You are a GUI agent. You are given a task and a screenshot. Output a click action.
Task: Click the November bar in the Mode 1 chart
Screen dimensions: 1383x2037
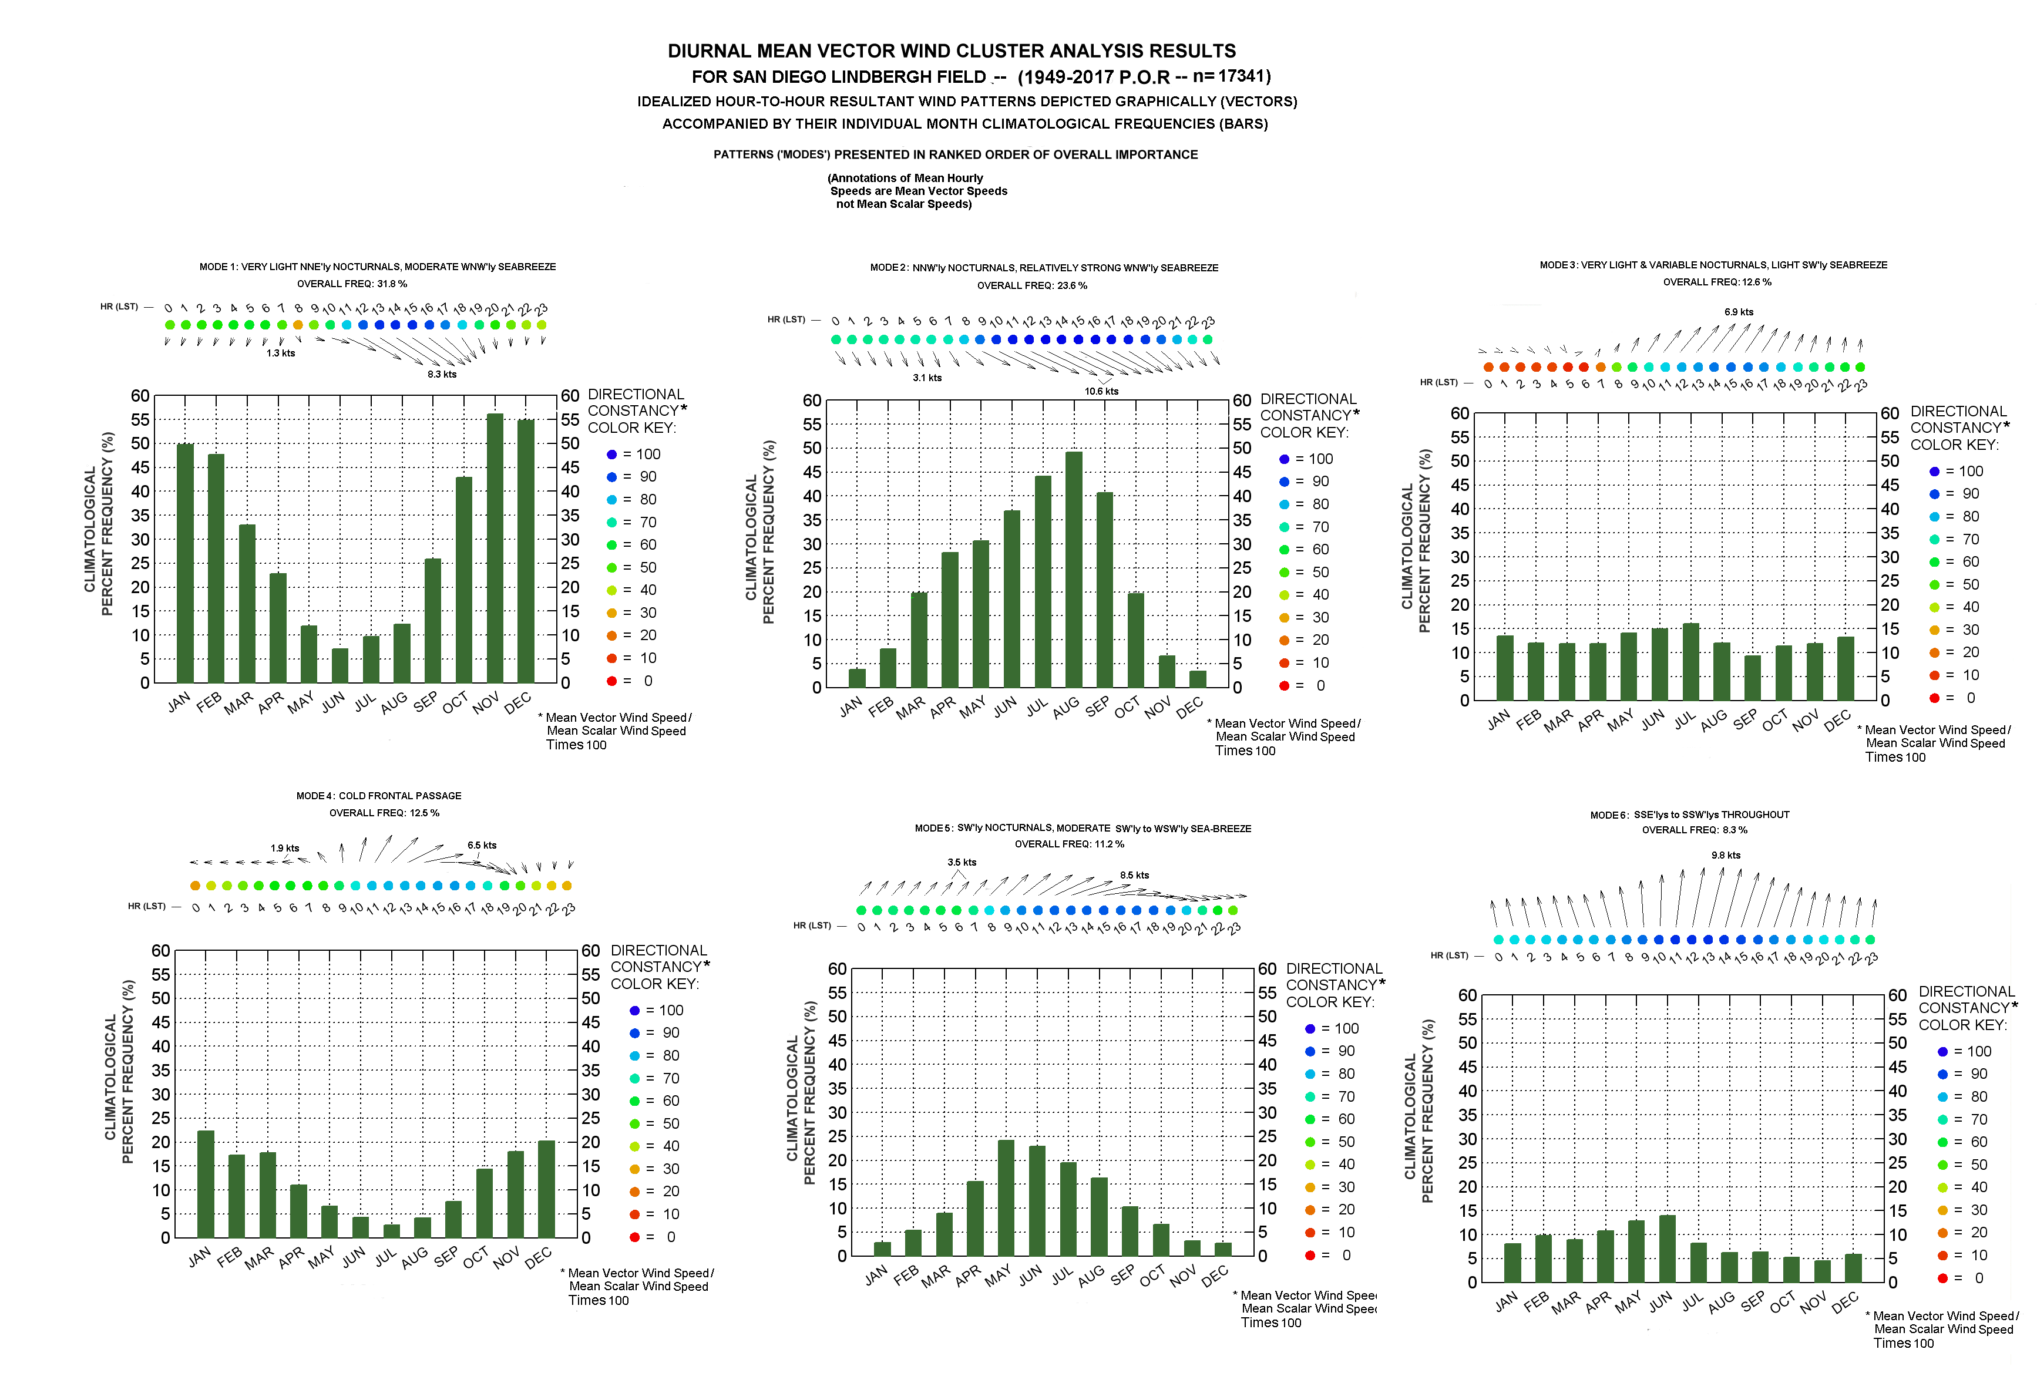pos(495,548)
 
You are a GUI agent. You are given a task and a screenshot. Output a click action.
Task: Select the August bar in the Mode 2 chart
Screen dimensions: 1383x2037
pos(1074,570)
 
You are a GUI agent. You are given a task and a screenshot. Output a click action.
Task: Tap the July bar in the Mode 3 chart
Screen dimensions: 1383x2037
pos(1691,662)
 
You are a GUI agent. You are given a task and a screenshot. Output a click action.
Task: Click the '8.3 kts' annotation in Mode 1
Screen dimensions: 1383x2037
pos(442,374)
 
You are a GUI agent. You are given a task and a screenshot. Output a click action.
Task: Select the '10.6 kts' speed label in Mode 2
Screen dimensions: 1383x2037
pos(1101,392)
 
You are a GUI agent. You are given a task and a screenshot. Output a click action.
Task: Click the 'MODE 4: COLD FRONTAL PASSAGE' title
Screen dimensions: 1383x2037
pos(379,796)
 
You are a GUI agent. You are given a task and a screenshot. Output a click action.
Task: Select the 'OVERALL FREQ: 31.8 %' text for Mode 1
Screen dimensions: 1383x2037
pos(351,284)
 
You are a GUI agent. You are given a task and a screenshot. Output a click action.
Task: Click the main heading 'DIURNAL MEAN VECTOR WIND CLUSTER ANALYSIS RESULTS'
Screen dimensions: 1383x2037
pos(952,51)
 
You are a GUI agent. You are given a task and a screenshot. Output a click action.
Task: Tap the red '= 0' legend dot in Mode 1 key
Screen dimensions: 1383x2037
pos(612,681)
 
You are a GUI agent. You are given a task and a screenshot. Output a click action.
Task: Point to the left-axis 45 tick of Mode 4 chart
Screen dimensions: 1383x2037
pos(160,1022)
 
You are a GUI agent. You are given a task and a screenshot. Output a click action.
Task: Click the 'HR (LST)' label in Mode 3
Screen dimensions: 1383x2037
pos(1438,382)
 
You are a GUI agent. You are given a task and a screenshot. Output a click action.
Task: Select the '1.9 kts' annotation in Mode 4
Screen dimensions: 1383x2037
pos(285,849)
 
